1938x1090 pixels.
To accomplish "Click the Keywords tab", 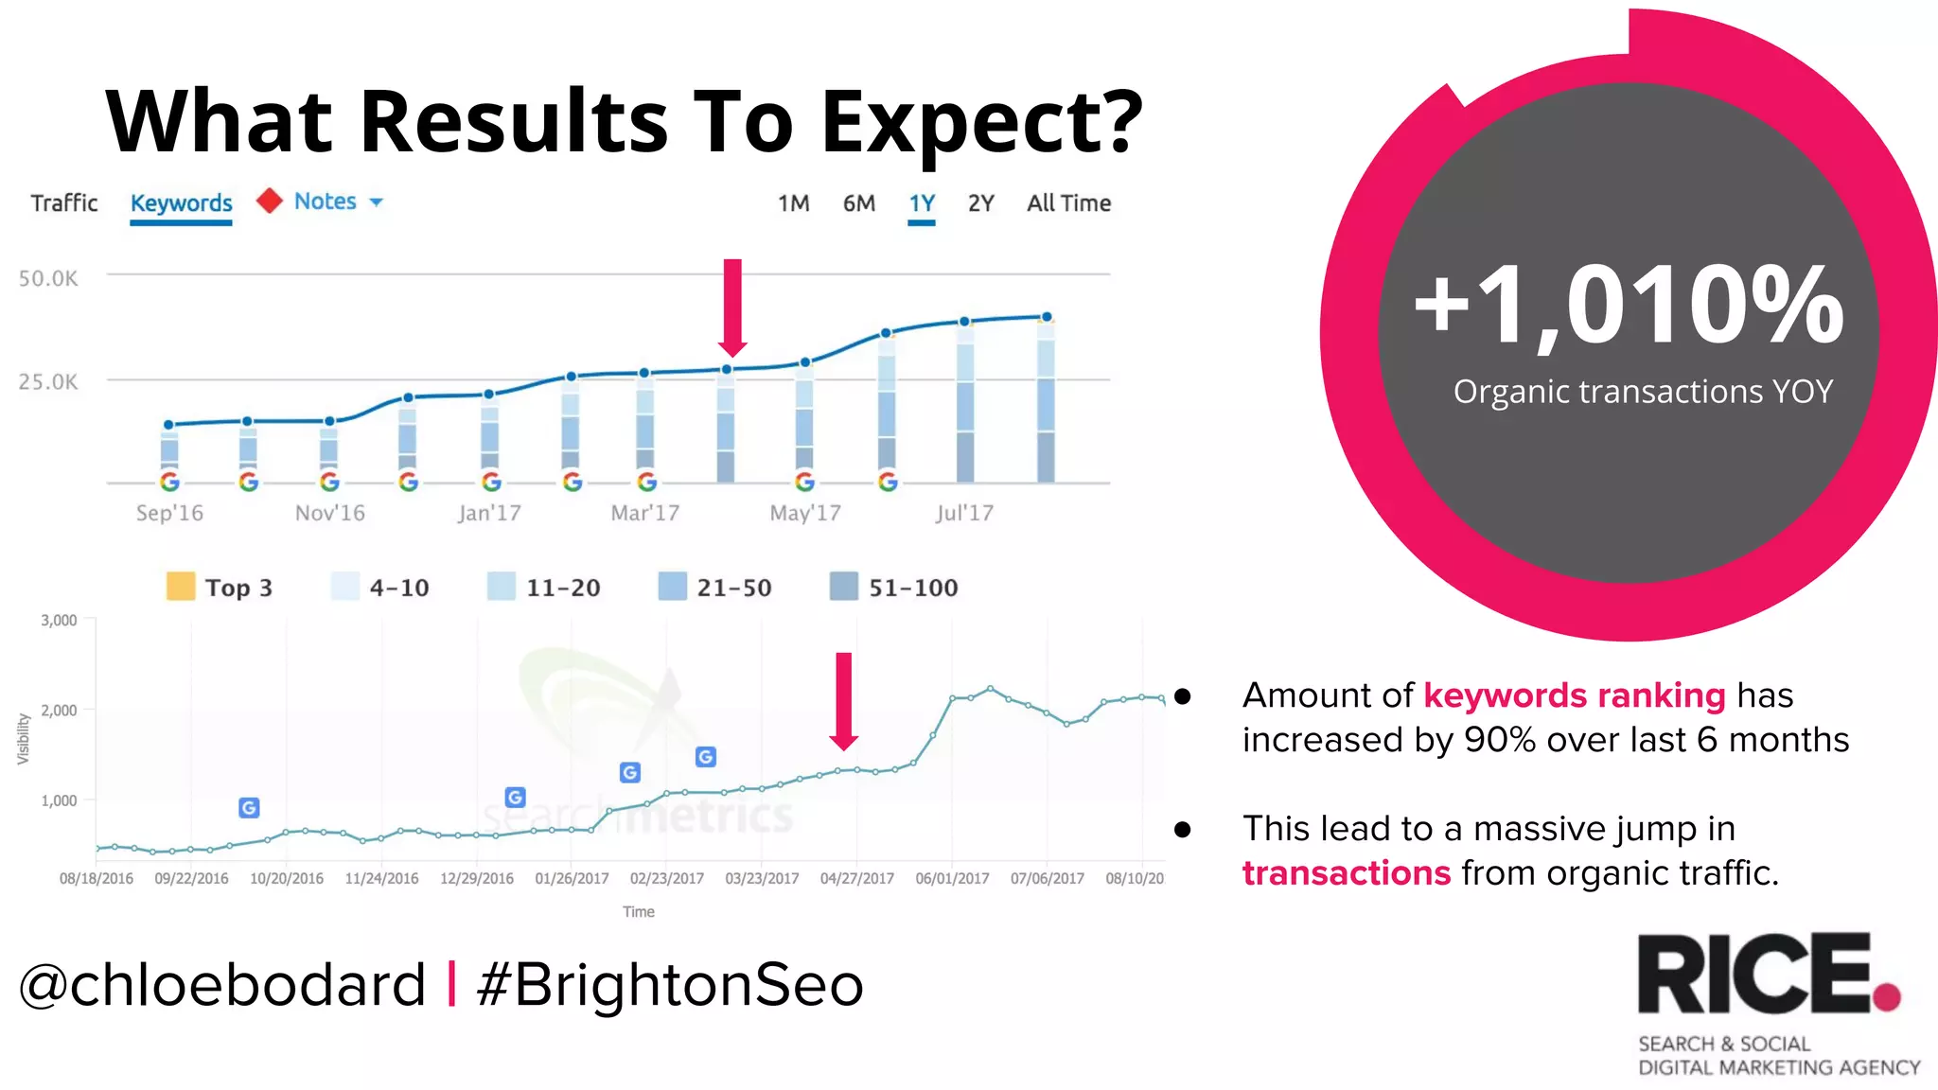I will (181, 203).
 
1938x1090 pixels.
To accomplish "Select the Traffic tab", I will (64, 203).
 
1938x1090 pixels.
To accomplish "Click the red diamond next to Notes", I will (270, 201).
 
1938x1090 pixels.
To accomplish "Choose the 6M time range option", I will (858, 203).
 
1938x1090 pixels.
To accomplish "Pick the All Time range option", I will (1068, 203).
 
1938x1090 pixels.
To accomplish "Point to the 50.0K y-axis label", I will (48, 278).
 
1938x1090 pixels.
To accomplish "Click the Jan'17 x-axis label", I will (489, 513).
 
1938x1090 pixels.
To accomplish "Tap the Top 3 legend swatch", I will (181, 587).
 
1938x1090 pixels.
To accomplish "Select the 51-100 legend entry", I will (894, 588).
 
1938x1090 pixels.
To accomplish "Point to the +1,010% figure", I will (1628, 306).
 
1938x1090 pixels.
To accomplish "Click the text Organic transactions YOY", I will (1643, 392).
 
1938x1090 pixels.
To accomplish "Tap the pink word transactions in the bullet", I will (1346, 872).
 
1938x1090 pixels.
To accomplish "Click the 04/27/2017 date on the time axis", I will (856, 878).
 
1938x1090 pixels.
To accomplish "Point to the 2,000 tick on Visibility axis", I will (59, 711).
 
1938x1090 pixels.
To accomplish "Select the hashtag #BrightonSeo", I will (670, 985).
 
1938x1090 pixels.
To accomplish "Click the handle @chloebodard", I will (222, 985).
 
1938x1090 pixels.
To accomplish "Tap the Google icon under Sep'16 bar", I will (169, 483).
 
